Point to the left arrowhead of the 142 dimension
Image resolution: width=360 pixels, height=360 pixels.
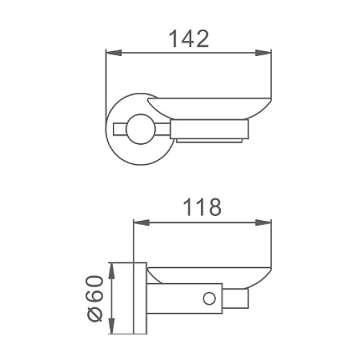coord(109,53)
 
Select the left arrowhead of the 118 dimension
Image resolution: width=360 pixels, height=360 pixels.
coord(137,222)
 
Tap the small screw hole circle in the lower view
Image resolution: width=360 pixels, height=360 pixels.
coord(207,298)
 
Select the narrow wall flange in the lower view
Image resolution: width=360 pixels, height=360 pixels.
coord(137,298)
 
